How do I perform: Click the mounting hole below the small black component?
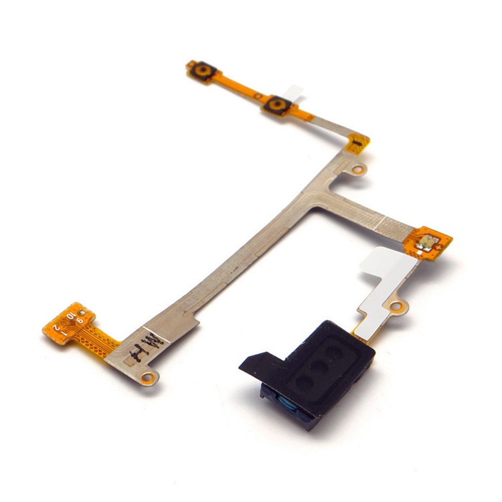[359, 170]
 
